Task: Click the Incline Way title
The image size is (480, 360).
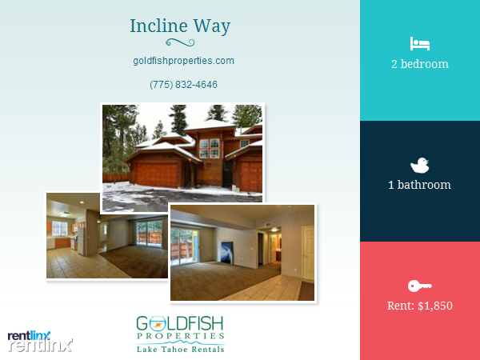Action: [x=180, y=26]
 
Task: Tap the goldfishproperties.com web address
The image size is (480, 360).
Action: [x=184, y=61]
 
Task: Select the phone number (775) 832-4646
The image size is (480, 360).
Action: [x=184, y=85]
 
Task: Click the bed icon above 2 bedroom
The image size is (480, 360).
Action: [x=420, y=44]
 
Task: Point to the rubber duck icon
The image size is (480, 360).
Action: [x=420, y=166]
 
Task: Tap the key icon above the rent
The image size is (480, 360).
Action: [x=420, y=286]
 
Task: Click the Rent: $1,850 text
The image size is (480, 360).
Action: [x=420, y=306]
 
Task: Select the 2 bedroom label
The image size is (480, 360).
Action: [x=420, y=64]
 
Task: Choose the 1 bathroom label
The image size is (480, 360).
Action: [x=420, y=185]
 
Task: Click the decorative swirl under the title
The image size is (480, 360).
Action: [x=180, y=42]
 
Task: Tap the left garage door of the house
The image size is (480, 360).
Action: [x=157, y=174]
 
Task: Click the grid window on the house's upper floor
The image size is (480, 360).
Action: [x=210, y=148]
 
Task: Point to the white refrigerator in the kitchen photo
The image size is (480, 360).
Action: [x=81, y=241]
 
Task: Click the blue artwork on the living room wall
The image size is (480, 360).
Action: [x=227, y=252]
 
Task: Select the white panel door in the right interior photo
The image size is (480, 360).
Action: [x=308, y=254]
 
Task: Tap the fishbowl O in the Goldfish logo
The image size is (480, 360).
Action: [x=158, y=324]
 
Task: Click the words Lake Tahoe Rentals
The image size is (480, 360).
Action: [x=181, y=350]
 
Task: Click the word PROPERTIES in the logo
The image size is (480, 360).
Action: [x=181, y=336]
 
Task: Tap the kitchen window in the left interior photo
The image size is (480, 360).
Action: [x=60, y=229]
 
